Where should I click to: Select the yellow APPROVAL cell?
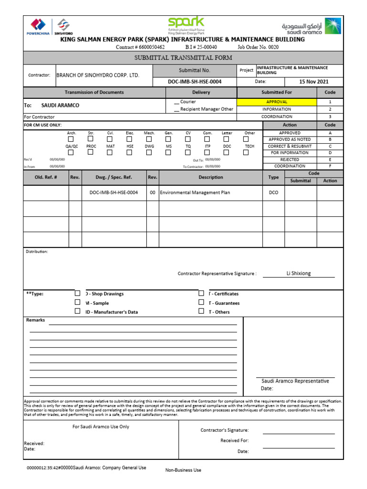(277, 102)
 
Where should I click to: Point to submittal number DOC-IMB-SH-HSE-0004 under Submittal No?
(194, 82)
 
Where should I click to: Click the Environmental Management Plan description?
(195, 192)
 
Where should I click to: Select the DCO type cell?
(273, 192)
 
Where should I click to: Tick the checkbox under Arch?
(71, 139)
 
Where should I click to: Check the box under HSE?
(130, 152)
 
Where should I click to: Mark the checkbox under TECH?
(246, 152)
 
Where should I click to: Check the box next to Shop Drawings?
(77, 293)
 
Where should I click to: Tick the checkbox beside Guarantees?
(201, 302)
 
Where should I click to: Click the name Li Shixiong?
(299, 273)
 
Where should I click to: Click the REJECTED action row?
(290, 159)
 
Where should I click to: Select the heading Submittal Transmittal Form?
(183, 58)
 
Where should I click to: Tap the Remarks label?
(35, 320)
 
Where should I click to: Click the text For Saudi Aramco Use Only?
(101, 426)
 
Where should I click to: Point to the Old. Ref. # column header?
(46, 177)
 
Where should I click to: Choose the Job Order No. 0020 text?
(258, 47)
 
